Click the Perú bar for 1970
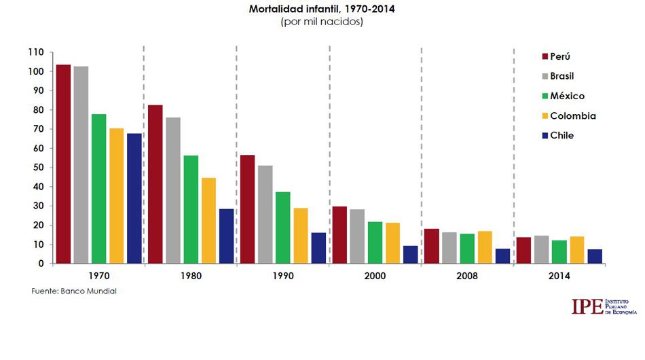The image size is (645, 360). (x=63, y=164)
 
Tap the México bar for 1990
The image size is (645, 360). (x=282, y=228)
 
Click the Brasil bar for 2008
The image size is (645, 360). (x=449, y=248)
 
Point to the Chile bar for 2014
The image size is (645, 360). (x=594, y=256)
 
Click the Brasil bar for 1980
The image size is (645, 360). (x=173, y=190)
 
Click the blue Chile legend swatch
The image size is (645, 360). (x=545, y=135)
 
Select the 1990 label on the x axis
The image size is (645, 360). (x=282, y=276)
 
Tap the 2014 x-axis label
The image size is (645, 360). (x=559, y=276)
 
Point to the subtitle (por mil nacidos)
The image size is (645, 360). (x=322, y=22)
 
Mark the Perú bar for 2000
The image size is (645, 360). (x=339, y=234)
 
